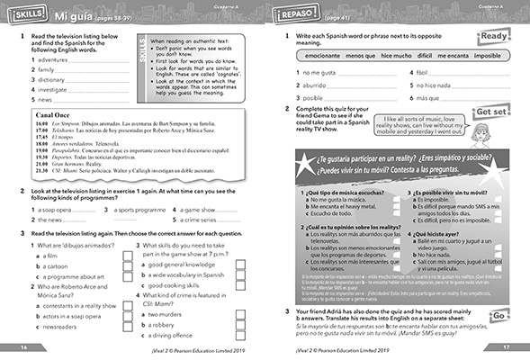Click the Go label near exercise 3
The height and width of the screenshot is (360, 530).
point(498,317)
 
